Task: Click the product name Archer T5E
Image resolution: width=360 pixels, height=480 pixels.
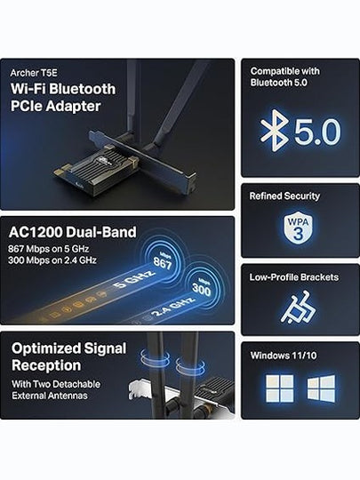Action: [x=34, y=73]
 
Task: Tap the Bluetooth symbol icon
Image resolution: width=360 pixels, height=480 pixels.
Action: [x=274, y=131]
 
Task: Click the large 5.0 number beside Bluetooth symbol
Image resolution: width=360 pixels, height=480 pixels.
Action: [x=317, y=132]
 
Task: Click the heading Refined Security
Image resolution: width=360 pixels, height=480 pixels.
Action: [x=284, y=196]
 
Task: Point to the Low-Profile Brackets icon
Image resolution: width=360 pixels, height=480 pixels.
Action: [x=298, y=308]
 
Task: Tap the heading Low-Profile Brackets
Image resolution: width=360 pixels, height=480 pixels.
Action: [x=294, y=277]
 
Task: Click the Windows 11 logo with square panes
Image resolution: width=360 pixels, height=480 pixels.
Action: [x=280, y=388]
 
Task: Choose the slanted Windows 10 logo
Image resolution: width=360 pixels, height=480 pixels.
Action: [x=321, y=388]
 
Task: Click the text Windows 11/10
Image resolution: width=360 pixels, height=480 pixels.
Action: [x=284, y=356]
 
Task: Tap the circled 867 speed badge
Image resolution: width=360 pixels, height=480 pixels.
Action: [x=163, y=261]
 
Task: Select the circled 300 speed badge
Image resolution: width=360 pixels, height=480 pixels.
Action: [x=202, y=287]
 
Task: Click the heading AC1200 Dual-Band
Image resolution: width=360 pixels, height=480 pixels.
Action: [x=73, y=232]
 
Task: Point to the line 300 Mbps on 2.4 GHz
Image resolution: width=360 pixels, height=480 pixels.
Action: [x=52, y=260]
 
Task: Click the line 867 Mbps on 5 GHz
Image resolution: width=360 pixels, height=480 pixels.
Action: [x=49, y=249]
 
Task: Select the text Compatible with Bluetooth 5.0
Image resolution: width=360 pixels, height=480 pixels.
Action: [x=285, y=76]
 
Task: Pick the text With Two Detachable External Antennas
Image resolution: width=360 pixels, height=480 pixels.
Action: [x=56, y=389]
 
